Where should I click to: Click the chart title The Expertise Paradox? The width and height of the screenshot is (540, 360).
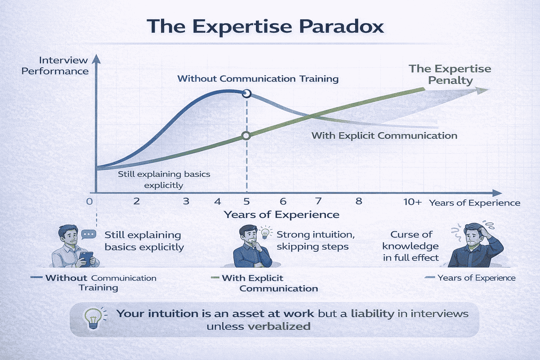tap(265, 26)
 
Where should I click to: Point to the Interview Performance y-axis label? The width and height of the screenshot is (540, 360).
tap(55, 66)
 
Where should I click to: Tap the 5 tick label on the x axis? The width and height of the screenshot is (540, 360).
tap(246, 201)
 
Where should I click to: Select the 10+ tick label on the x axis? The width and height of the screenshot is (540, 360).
tap(412, 202)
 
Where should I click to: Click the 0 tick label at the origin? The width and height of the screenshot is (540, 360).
tap(90, 201)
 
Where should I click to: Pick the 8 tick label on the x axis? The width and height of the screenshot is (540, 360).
tap(359, 201)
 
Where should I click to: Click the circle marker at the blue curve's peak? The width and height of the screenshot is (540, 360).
tap(247, 93)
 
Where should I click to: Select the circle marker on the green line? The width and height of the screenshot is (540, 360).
tap(246, 136)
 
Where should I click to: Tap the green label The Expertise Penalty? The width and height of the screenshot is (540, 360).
tap(450, 74)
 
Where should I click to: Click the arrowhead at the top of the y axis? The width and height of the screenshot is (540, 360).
tap(96, 59)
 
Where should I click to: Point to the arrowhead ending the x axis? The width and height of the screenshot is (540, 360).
tap(497, 193)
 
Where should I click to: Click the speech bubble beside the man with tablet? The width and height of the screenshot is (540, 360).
tap(88, 234)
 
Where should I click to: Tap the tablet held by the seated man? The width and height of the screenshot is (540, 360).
tap(86, 258)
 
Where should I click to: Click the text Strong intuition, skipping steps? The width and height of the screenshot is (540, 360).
tap(315, 240)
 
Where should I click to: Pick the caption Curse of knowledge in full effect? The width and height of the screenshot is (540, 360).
tap(411, 246)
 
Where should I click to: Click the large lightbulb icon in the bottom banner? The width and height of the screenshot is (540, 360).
tap(93, 318)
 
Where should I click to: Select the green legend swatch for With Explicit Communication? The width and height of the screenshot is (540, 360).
tap(215, 278)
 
